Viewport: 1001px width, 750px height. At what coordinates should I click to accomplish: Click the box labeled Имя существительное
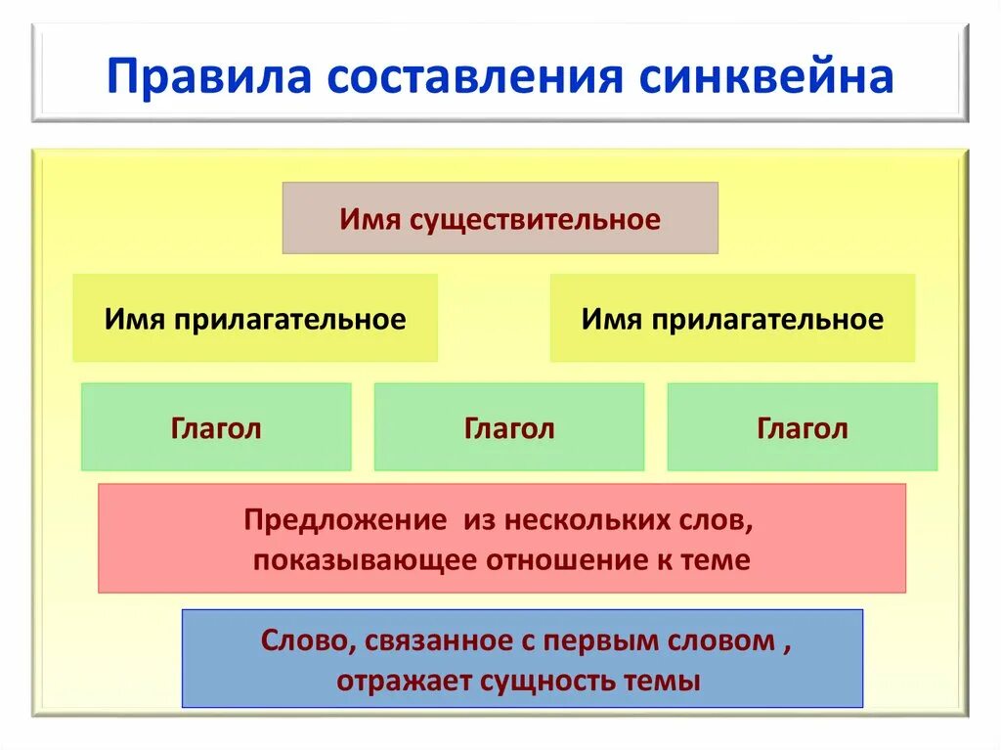[x=500, y=218]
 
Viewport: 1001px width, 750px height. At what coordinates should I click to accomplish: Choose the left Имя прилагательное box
[x=255, y=319]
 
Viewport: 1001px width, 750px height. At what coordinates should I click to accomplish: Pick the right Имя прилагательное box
[x=732, y=319]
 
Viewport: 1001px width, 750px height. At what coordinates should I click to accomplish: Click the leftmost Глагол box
[x=216, y=427]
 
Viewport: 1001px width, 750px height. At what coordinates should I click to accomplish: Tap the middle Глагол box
[x=509, y=427]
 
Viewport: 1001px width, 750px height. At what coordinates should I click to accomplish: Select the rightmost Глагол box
[x=803, y=427]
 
